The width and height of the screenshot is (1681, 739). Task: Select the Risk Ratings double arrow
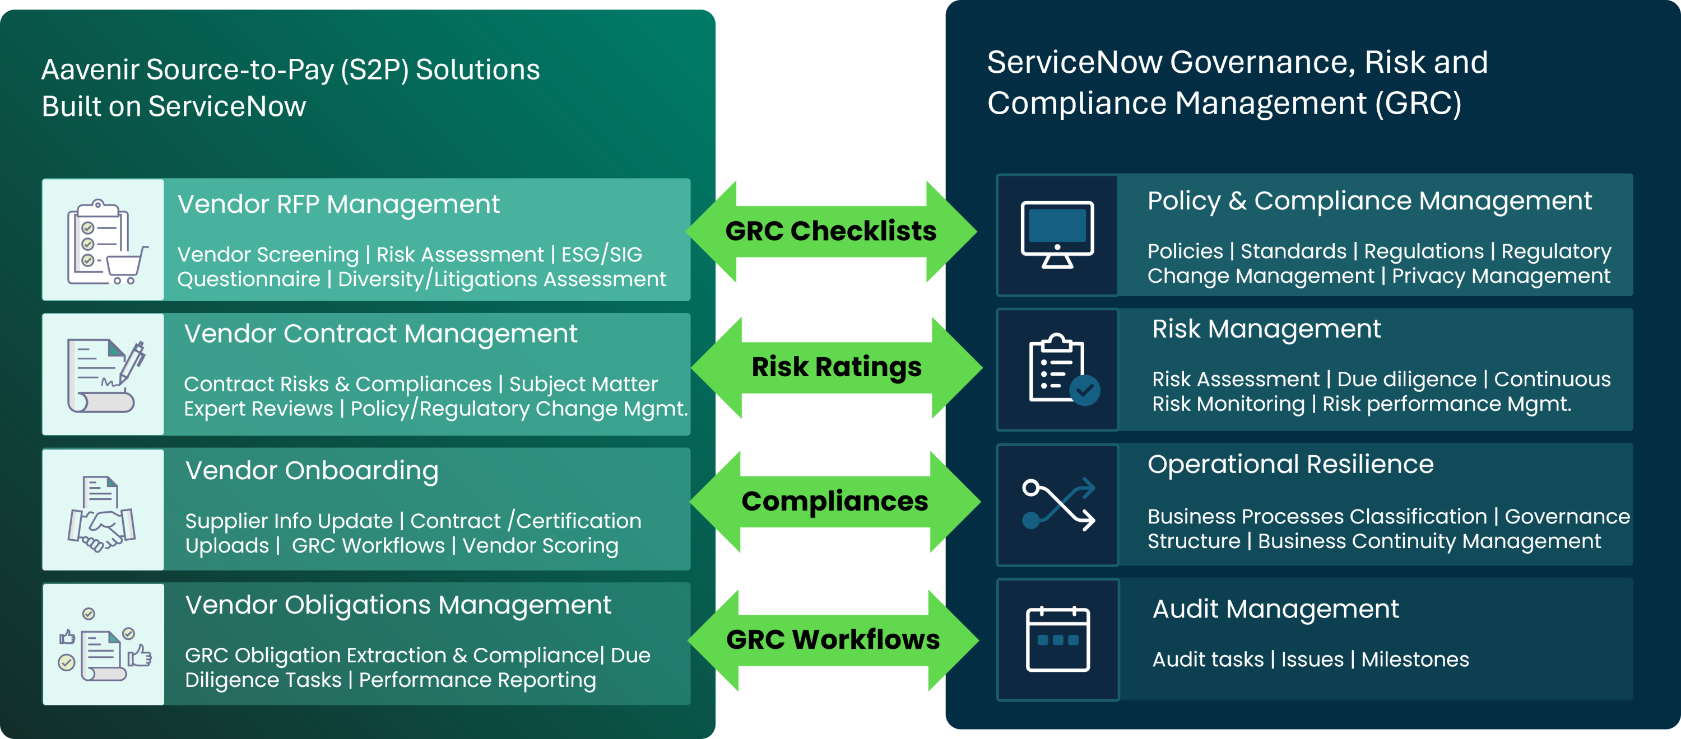pos(836,367)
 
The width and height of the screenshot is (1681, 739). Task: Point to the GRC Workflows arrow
pos(833,640)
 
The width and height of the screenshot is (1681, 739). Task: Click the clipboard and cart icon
pos(104,241)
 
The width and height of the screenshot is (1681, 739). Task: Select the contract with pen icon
pos(104,376)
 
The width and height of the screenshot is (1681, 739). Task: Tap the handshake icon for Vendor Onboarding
pos(103,512)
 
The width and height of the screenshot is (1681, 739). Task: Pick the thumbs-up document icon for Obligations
pos(104,646)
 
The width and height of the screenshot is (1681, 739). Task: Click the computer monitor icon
pos(1057,235)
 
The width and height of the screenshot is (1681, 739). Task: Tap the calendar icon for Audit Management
pos(1058,639)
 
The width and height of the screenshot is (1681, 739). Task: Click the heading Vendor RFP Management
pos(338,205)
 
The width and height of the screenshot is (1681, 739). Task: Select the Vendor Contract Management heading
pos(380,334)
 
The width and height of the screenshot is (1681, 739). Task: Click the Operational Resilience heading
pos(1290,465)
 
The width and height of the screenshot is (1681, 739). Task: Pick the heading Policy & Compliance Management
pos(1369,202)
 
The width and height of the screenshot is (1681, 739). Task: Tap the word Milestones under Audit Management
pos(1415,660)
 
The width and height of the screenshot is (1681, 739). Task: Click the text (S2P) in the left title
pos(374,71)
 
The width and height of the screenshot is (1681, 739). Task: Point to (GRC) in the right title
pos(1418,104)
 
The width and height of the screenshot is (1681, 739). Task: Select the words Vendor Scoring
pos(540,546)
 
